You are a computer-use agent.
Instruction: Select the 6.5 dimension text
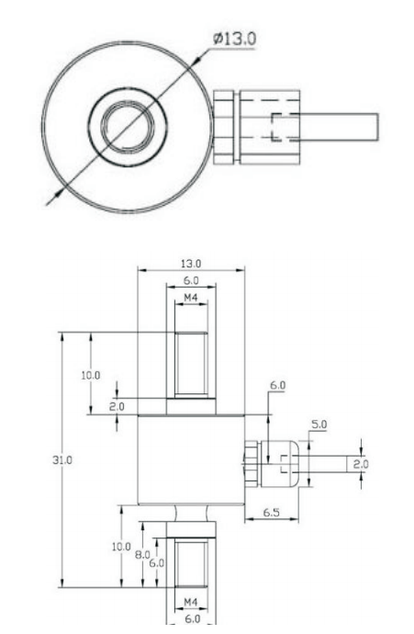[x=273, y=513]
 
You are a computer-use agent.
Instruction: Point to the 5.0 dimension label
[x=319, y=425]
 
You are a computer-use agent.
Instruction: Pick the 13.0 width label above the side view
[x=192, y=263]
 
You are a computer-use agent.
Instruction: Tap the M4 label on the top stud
[x=191, y=298]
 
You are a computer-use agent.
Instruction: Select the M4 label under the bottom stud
[x=191, y=603]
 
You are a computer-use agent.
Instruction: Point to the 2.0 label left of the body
[x=117, y=404]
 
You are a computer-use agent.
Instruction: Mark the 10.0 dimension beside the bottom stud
[x=115, y=548]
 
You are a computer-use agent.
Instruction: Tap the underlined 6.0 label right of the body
[x=277, y=386]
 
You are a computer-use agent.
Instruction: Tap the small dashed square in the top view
[x=283, y=126]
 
